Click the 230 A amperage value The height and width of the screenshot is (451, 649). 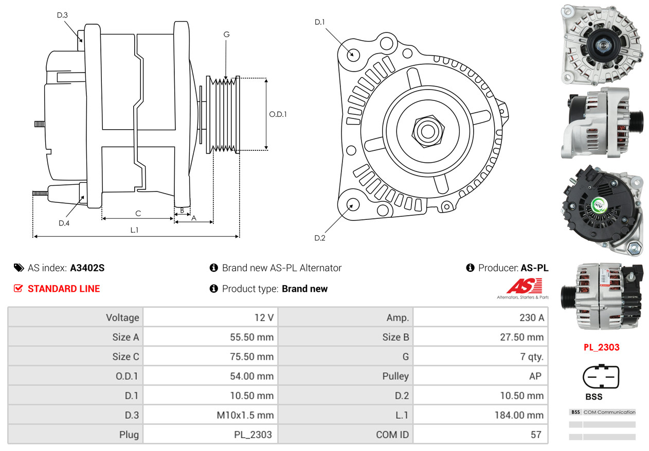coord(531,318)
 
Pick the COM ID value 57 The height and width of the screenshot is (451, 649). coord(536,435)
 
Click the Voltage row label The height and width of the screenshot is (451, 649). coord(122,318)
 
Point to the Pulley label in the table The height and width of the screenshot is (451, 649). coord(395,376)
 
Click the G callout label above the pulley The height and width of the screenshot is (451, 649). coord(226,34)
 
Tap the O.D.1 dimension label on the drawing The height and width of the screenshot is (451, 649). coord(278,114)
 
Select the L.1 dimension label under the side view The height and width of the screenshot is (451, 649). coord(134,230)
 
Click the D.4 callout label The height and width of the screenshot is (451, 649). coord(64,223)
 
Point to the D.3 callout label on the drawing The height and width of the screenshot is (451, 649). coord(62,15)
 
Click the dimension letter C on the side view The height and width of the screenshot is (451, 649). coord(138,213)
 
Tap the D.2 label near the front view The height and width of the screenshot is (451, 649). coord(320,238)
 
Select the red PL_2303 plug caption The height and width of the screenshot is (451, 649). coord(601,347)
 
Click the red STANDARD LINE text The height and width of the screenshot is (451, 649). coord(64,289)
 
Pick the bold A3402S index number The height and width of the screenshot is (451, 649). coord(87,268)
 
